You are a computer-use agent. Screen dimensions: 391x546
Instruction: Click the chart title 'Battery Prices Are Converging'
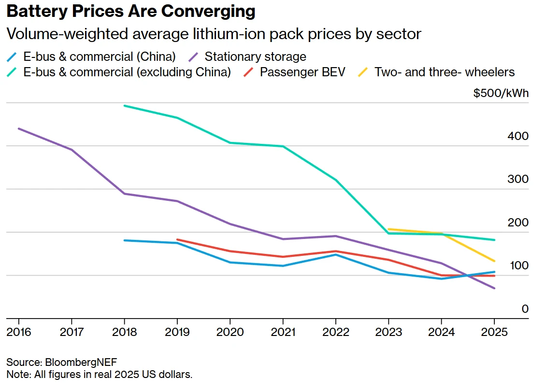130,12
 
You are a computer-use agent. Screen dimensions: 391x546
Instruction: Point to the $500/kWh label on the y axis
501,93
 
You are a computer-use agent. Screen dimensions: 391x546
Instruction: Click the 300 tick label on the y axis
518,179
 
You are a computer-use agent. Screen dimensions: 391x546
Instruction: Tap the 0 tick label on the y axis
525,308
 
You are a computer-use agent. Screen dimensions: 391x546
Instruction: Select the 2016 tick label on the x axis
19,332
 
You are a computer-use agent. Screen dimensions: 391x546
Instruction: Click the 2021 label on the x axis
283,332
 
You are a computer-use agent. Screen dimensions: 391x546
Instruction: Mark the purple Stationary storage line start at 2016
19,128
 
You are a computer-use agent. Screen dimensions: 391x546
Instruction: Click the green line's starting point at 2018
125,106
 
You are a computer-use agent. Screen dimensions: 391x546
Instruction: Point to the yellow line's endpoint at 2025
494,261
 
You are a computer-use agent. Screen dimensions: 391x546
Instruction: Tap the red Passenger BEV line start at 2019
177,239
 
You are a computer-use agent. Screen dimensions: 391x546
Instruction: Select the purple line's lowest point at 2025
494,288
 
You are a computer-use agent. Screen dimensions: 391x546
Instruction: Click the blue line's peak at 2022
336,254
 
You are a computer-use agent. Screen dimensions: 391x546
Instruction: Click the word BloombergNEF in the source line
81,362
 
